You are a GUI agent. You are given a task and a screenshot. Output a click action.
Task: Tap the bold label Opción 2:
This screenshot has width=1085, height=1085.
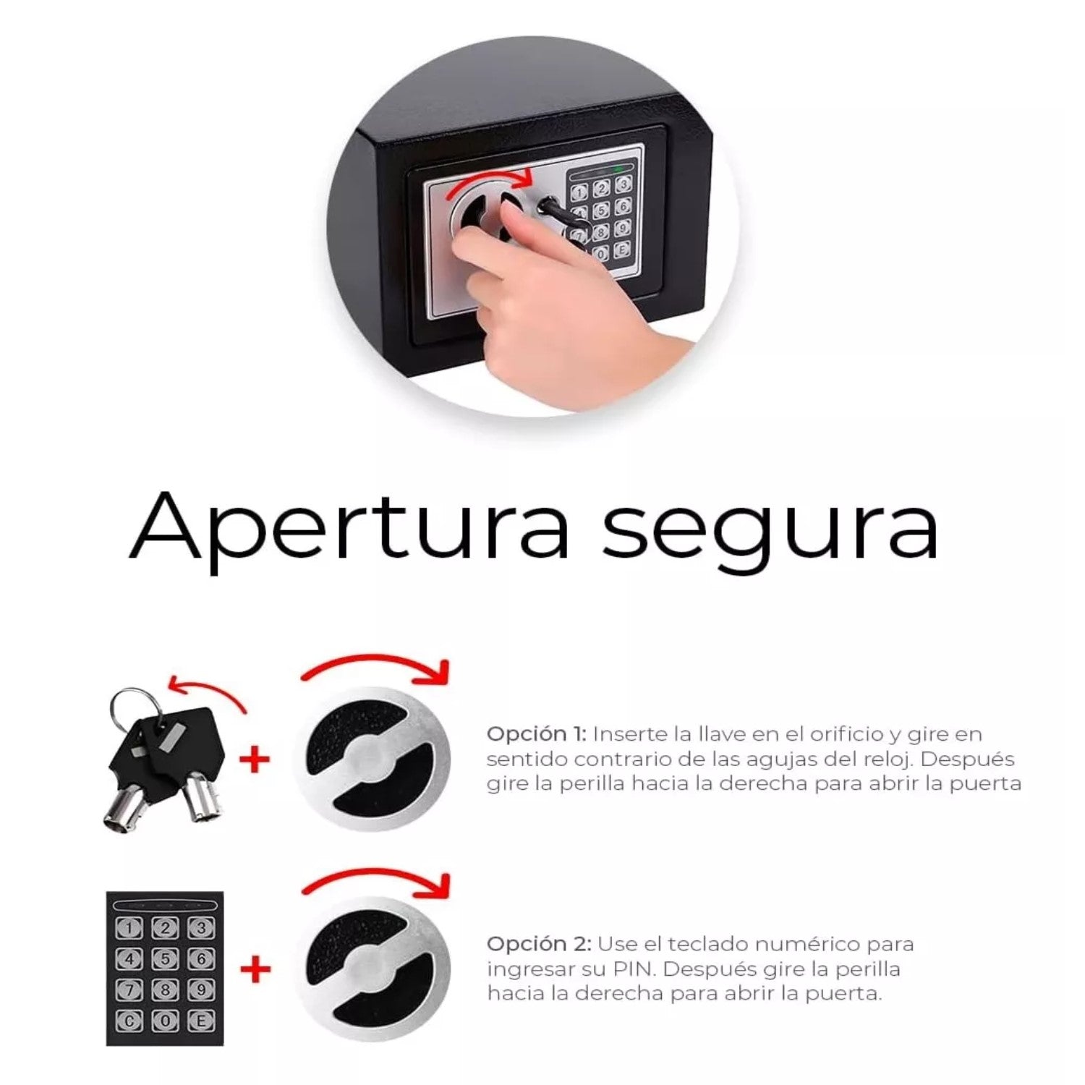click(x=539, y=945)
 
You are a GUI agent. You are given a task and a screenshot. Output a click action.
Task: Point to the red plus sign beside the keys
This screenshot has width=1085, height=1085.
click(x=254, y=759)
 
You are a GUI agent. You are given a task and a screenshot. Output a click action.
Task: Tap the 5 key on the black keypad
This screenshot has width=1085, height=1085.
click(x=165, y=958)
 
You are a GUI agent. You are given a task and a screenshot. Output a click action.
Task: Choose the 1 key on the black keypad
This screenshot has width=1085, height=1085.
click(x=130, y=928)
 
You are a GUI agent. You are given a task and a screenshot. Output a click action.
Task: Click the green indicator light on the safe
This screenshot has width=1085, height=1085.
click(x=618, y=169)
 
